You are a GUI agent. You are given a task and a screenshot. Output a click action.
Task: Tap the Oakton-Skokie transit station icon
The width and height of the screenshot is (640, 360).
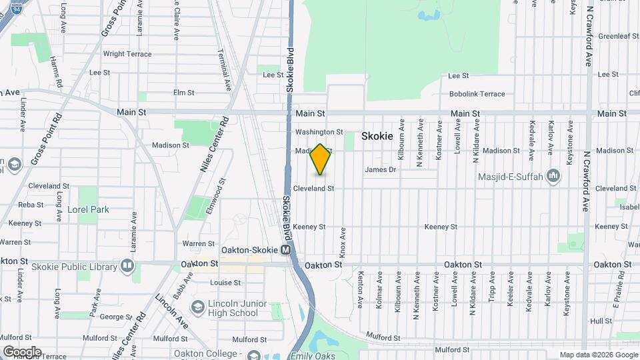click(285, 250)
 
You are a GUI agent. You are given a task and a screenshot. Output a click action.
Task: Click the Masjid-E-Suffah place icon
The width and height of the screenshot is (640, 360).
click(553, 175)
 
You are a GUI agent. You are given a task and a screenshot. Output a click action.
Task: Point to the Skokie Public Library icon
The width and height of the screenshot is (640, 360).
click(128, 267)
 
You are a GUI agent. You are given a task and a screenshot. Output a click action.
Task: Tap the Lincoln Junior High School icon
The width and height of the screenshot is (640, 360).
click(197, 307)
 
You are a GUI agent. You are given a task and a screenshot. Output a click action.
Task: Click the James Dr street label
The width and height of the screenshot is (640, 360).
click(380, 170)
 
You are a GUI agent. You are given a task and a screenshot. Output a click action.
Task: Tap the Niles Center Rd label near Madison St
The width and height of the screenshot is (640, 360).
click(214, 145)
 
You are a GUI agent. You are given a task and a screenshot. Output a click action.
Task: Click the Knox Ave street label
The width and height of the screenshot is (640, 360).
click(343, 243)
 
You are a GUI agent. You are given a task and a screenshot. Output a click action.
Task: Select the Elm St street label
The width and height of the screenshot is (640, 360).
click(183, 93)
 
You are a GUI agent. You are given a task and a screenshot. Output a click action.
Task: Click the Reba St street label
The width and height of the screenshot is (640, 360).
click(31, 205)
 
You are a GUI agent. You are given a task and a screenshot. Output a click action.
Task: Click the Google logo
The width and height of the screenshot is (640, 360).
click(21, 351)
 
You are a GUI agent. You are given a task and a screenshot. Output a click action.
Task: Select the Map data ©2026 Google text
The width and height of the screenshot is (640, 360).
click(597, 355)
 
